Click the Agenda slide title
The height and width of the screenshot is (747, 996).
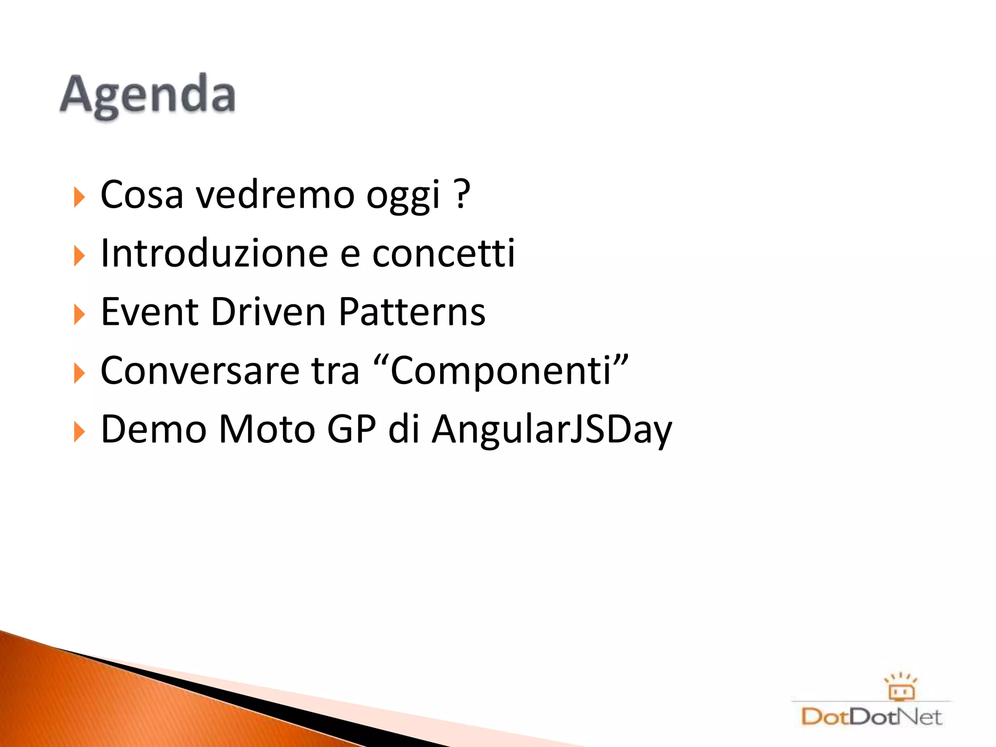pyautogui.click(x=148, y=95)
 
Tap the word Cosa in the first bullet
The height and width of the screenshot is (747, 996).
pyautogui.click(x=142, y=195)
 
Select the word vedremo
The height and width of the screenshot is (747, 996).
pyautogui.click(x=275, y=195)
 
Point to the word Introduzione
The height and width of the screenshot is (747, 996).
pyautogui.click(x=214, y=253)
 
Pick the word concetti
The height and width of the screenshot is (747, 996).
pyautogui.click(x=443, y=253)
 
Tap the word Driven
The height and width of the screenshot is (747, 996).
pyautogui.click(x=268, y=312)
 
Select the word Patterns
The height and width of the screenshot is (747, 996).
pyautogui.click(x=412, y=312)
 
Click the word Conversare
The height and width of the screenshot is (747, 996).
pyautogui.click(x=200, y=371)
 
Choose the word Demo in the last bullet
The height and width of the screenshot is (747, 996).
pyautogui.click(x=154, y=429)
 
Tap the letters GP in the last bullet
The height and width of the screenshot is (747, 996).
pyautogui.click(x=352, y=429)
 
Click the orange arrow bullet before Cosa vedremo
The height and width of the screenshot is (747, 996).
pyautogui.click(x=79, y=197)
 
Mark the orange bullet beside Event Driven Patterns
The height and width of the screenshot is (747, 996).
pyautogui.click(x=79, y=314)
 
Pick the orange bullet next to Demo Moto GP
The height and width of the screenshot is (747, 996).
pyautogui.click(x=79, y=432)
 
